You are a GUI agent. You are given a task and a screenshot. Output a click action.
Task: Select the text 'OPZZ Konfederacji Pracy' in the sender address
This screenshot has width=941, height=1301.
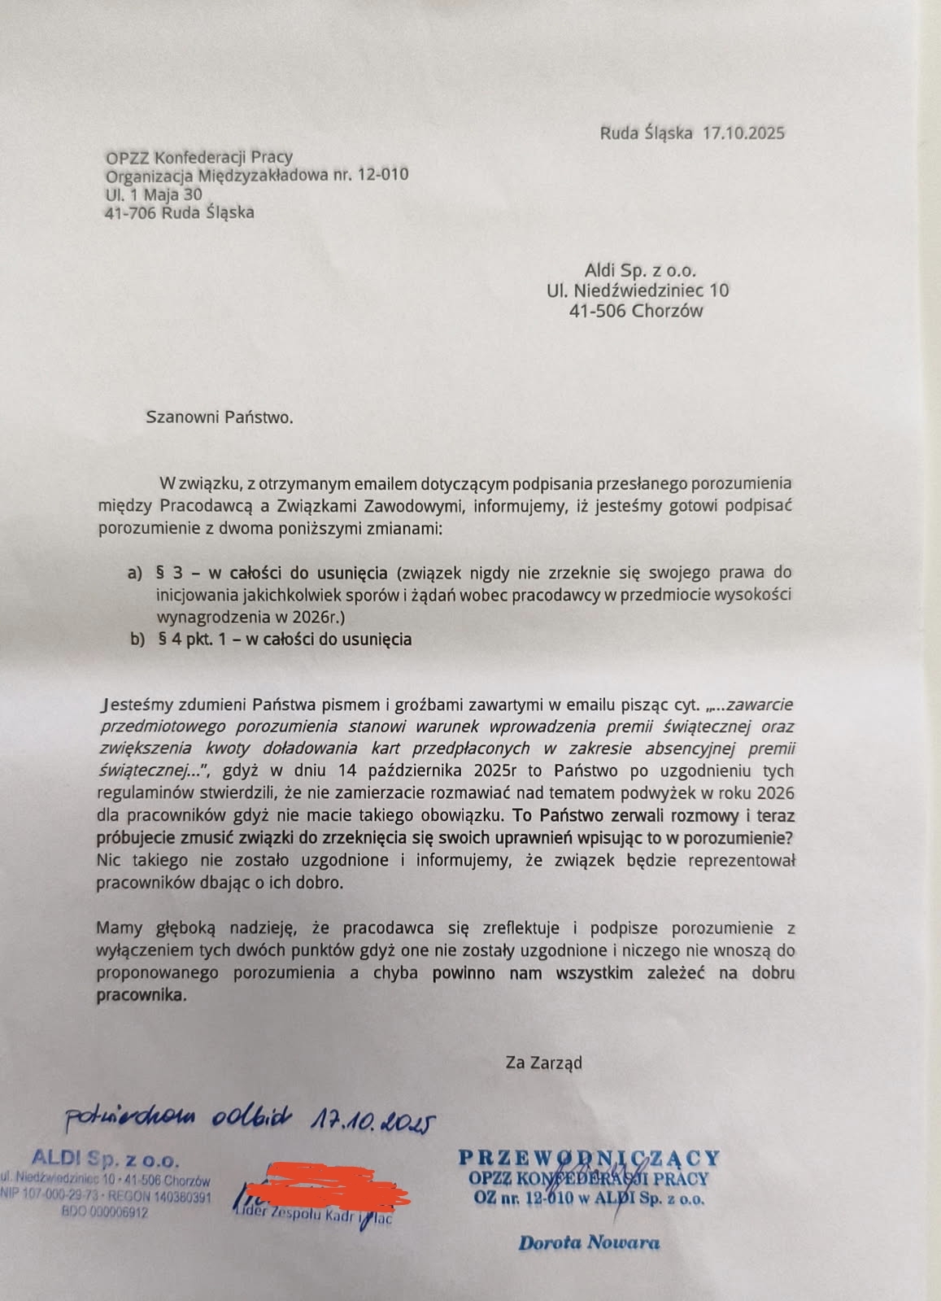coord(199,156)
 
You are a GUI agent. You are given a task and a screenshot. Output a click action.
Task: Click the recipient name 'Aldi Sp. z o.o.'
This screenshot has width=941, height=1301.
coord(640,271)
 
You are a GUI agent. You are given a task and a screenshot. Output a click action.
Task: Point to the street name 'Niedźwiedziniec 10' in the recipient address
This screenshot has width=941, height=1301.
coord(652,290)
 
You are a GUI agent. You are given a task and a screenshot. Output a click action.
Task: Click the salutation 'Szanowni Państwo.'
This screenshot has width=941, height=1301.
coord(218,417)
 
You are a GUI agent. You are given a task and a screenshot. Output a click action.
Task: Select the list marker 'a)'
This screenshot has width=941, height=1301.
coord(135,574)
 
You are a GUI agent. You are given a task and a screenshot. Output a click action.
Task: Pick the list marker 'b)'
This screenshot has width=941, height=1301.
coord(137,640)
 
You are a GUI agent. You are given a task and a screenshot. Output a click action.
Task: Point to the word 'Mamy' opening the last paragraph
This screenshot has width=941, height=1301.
coord(119,927)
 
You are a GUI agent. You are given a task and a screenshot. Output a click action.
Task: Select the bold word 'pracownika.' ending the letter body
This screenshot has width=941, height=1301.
coord(141,994)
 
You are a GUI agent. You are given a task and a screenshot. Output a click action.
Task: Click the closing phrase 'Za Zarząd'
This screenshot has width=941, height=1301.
coord(543,1062)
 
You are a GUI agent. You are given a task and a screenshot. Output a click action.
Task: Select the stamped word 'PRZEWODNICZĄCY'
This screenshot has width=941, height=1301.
coord(589,1157)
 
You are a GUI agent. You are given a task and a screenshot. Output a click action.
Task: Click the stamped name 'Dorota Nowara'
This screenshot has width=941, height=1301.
coord(589,1242)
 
